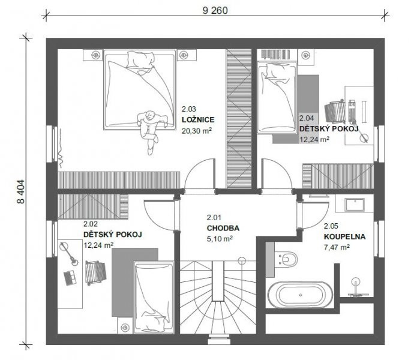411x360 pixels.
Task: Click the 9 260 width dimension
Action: pyautogui.click(x=215, y=10)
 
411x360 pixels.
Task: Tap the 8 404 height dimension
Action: pyautogui.click(x=21, y=191)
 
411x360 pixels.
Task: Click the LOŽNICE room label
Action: pyautogui.click(x=198, y=119)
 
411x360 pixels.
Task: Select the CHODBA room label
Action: pyautogui.click(x=223, y=228)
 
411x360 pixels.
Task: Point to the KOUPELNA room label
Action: pyautogui.click(x=344, y=237)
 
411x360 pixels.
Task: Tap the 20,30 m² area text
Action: pyautogui.click(x=197, y=131)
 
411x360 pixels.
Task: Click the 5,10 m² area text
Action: pyautogui.click(x=220, y=239)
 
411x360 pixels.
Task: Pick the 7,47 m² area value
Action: pyautogui.click(x=337, y=247)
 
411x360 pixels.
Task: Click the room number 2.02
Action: pyautogui.click(x=91, y=224)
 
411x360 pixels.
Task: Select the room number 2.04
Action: pyautogui.click(x=307, y=118)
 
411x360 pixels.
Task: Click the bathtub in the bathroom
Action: pyautogui.click(x=301, y=295)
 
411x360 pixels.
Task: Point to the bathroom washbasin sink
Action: pyautogui.click(x=355, y=205)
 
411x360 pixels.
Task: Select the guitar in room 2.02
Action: pyautogui.click(x=69, y=254)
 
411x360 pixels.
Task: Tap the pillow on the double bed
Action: pyautogui.click(x=140, y=60)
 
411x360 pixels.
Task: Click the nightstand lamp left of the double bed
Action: pyautogui.click(x=95, y=55)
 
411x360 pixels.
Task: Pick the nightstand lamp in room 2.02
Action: pyautogui.click(x=125, y=327)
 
